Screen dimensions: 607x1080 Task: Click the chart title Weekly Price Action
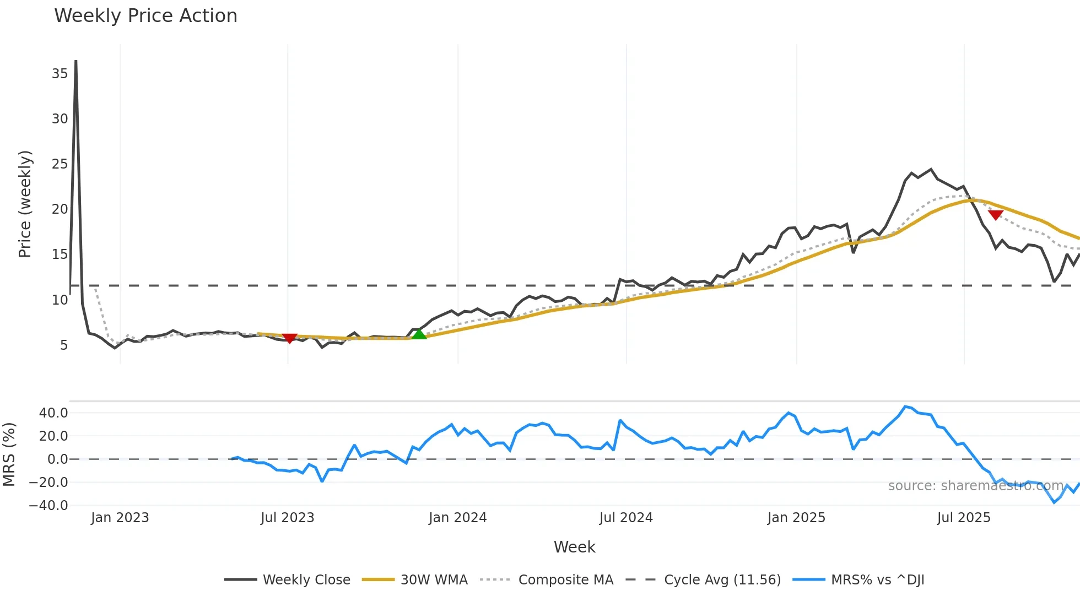pyautogui.click(x=145, y=16)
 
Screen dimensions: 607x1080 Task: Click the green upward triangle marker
pyautogui.click(x=419, y=334)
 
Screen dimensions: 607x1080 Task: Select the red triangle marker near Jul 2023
pyautogui.click(x=289, y=338)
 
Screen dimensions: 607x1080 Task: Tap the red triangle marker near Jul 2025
pyautogui.click(x=995, y=215)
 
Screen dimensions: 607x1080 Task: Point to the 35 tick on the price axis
pyautogui.click(x=60, y=74)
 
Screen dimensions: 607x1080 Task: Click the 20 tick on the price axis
pyautogui.click(x=60, y=209)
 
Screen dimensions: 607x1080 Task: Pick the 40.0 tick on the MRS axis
pyautogui.click(x=53, y=413)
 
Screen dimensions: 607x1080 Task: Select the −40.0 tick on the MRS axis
pyautogui.click(x=48, y=506)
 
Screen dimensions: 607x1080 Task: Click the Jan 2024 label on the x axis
pyautogui.click(x=457, y=518)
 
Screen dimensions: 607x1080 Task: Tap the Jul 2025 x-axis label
pyautogui.click(x=963, y=518)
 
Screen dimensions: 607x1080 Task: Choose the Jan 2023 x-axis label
pyautogui.click(x=120, y=518)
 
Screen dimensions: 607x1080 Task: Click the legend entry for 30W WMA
pyautogui.click(x=434, y=580)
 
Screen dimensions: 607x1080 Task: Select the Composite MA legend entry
pyautogui.click(x=565, y=580)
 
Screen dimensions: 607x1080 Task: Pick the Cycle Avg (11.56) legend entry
pyautogui.click(x=722, y=580)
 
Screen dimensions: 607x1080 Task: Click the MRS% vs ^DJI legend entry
pyautogui.click(x=877, y=580)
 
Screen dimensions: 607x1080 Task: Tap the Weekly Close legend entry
pyautogui.click(x=306, y=580)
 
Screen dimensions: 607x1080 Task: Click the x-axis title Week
pyautogui.click(x=574, y=547)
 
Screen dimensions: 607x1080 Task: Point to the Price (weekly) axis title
pyautogui.click(x=25, y=204)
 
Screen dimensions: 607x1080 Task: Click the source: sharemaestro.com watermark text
pyautogui.click(x=975, y=486)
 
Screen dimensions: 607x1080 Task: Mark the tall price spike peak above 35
pyautogui.click(x=75, y=62)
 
